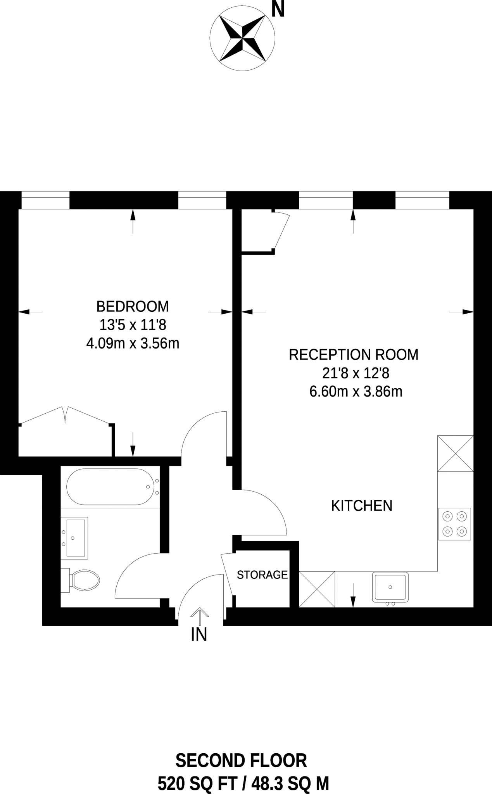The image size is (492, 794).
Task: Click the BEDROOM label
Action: (x=133, y=306)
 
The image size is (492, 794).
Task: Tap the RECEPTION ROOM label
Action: (x=354, y=354)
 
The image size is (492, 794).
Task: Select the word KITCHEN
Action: (x=361, y=506)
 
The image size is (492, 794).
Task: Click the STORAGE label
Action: (x=262, y=575)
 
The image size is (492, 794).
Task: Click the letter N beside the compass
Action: (x=278, y=10)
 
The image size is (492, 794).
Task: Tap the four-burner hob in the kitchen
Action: (x=455, y=524)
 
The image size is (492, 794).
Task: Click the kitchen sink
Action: (x=390, y=587)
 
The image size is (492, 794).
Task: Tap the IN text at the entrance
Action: (x=199, y=635)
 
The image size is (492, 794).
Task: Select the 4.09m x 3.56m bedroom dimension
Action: (x=133, y=343)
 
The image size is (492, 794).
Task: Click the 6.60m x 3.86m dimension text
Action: (x=356, y=392)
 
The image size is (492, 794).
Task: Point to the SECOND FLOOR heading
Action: (x=241, y=761)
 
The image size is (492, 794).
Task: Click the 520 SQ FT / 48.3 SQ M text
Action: (x=243, y=784)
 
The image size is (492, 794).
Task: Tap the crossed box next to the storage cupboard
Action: (x=317, y=589)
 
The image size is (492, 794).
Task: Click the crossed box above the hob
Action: (x=455, y=453)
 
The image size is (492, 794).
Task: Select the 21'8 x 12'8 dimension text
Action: (x=355, y=373)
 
